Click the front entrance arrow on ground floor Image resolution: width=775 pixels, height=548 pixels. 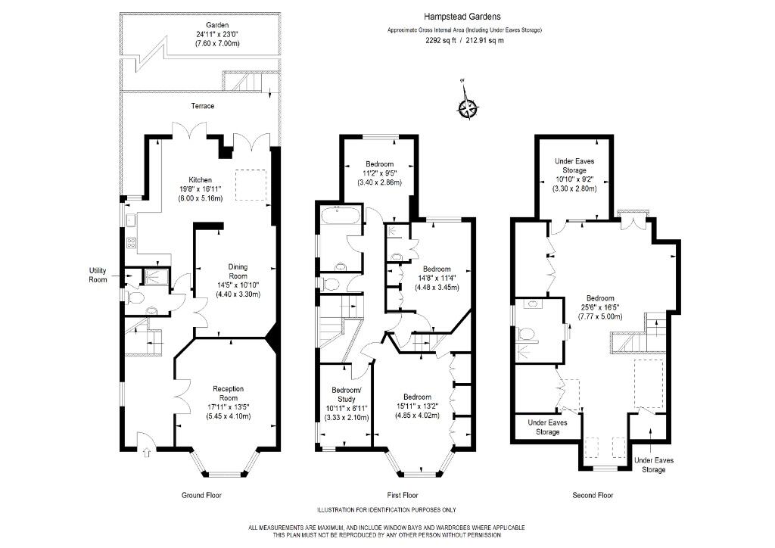(146, 453)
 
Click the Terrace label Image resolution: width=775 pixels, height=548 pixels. (201, 106)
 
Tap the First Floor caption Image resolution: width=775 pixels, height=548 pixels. (400, 495)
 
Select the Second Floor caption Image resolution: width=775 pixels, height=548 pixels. (593, 495)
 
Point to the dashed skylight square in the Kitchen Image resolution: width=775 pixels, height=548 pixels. (252, 186)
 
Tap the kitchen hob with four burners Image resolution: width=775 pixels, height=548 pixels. (129, 244)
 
